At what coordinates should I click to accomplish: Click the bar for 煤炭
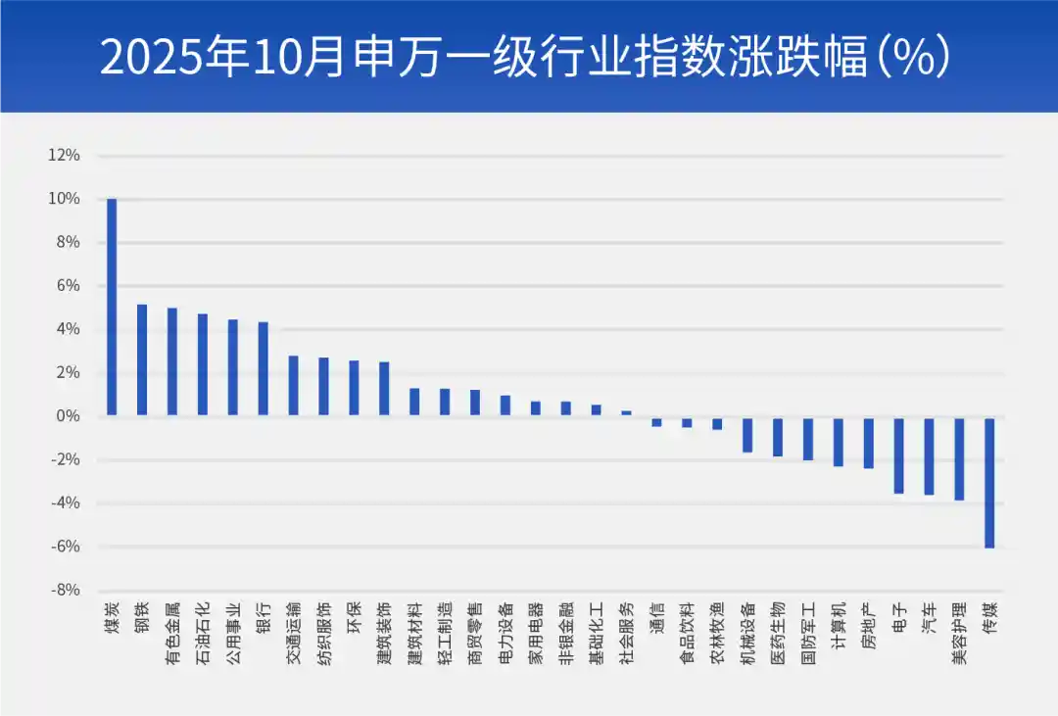pos(112,307)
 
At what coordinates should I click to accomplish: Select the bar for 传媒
pos(989,482)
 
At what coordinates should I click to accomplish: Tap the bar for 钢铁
pos(142,359)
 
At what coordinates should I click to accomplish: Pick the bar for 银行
pos(263,368)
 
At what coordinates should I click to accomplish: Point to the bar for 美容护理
pos(959,458)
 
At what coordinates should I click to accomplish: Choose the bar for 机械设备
pos(747,434)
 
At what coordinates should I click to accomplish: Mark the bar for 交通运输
pos(293,386)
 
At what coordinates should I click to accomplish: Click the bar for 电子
pos(898,454)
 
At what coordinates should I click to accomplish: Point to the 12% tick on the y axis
pos(64,156)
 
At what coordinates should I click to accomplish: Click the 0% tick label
pos(69,416)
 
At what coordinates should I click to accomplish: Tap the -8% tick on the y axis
pos(66,590)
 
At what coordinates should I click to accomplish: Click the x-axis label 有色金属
pos(172,634)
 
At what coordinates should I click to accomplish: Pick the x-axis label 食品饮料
pos(687,634)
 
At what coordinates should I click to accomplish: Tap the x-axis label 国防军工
pos(807,634)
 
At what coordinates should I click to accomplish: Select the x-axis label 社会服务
pos(626,634)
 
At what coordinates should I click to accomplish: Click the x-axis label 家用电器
pos(535,634)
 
